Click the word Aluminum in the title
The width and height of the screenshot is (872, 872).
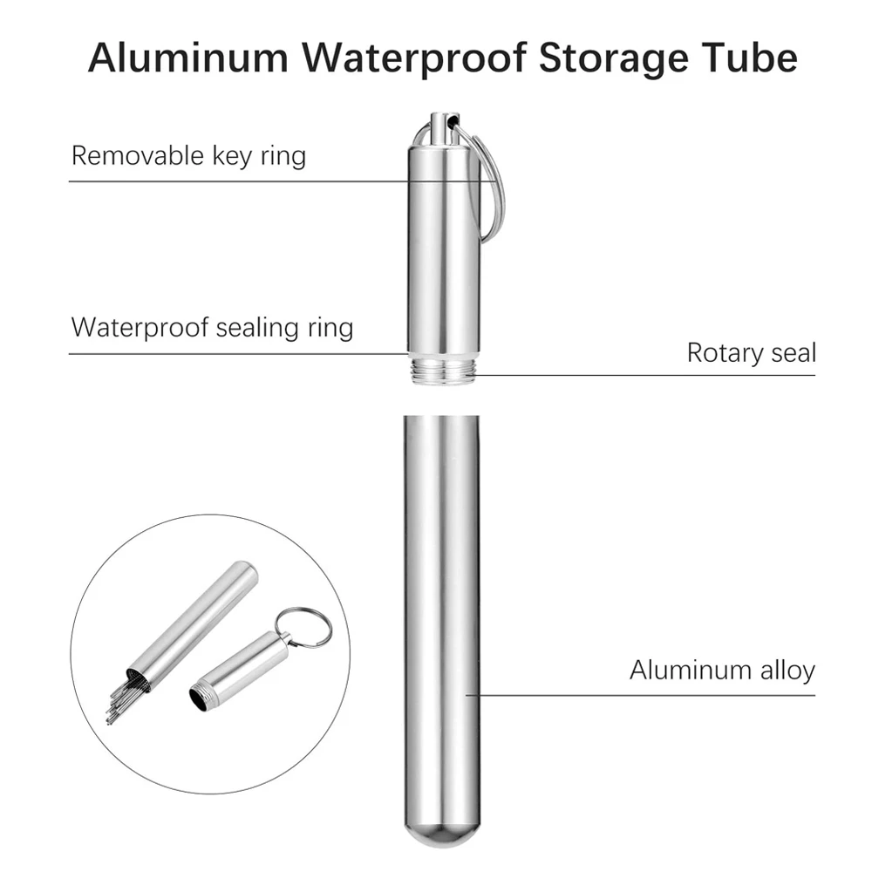(x=189, y=58)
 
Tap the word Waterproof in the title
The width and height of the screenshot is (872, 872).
(x=418, y=58)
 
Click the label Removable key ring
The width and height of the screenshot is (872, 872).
(x=188, y=156)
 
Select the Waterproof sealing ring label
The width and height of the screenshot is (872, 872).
(x=212, y=328)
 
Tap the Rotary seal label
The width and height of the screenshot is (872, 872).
(x=751, y=352)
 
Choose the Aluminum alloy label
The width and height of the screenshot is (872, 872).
(x=722, y=671)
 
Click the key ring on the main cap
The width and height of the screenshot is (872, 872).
(x=494, y=183)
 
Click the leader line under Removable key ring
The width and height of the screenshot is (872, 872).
(x=235, y=181)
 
